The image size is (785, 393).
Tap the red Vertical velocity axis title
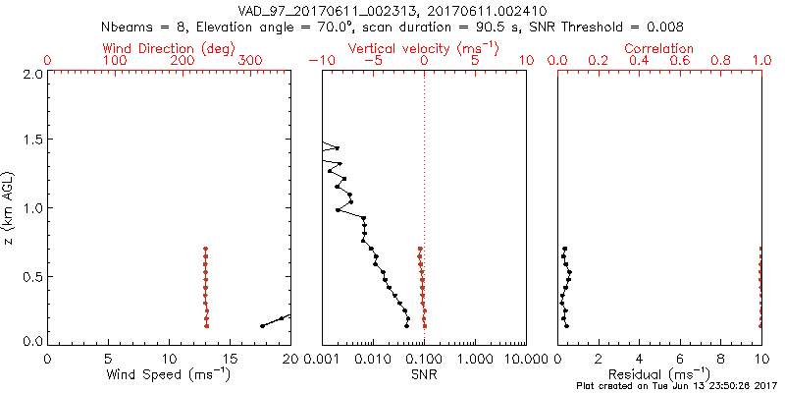pos(423,47)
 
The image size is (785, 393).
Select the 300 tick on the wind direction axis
pos(251,61)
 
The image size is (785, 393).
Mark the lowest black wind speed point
pos(262,325)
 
